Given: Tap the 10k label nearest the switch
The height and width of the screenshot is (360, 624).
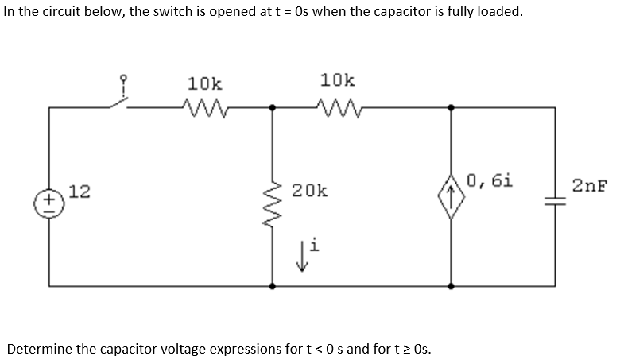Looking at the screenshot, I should click(x=205, y=83).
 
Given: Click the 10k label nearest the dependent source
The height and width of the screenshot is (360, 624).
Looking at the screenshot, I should click(x=338, y=80).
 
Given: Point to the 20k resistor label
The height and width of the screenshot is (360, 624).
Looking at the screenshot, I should click(x=307, y=191).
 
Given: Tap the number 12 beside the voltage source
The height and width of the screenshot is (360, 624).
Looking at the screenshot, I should click(x=78, y=191).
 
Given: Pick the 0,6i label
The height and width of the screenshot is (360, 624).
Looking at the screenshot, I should click(x=490, y=180).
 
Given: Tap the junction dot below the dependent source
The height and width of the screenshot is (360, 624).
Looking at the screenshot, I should click(x=452, y=284).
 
